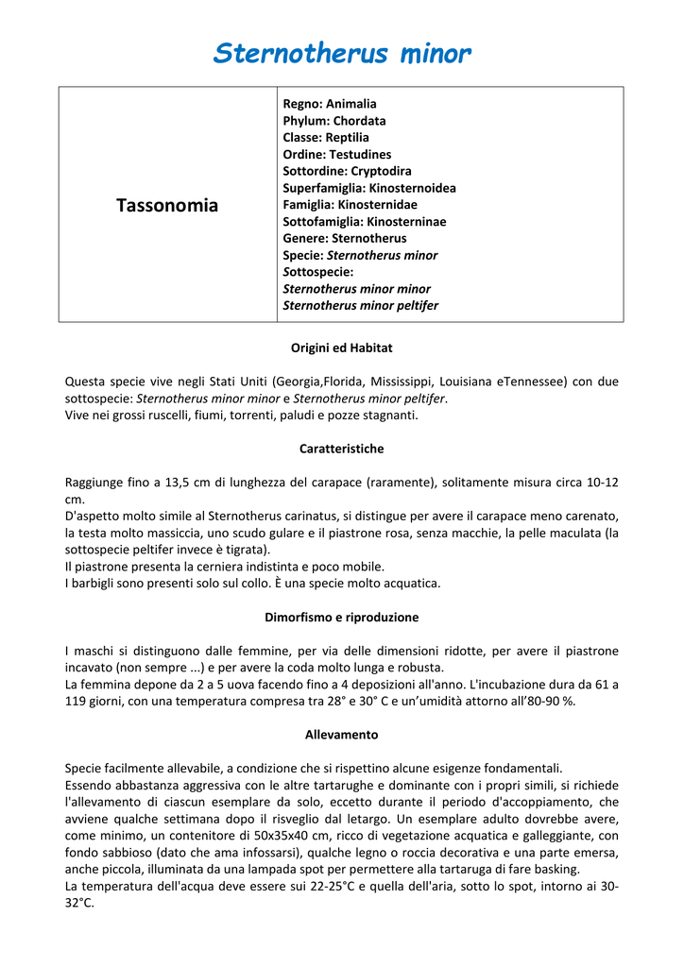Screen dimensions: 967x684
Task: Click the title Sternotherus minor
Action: [341, 54]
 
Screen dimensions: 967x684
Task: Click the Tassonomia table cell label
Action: [167, 205]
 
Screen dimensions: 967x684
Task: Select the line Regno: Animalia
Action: [330, 104]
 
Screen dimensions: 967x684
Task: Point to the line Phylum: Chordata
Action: [334, 121]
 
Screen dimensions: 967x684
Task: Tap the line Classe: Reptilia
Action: [326, 138]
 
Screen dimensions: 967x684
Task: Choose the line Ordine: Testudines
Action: [337, 155]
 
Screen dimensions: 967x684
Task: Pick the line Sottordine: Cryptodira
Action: [347, 171]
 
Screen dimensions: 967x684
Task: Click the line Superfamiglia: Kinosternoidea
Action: [369, 188]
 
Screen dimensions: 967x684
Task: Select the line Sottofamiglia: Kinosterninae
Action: [365, 222]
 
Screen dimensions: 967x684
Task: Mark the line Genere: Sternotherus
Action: [345, 239]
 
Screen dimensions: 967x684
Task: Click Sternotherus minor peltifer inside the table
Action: [361, 306]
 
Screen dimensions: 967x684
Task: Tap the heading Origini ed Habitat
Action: [341, 348]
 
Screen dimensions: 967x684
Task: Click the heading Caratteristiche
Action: [341, 449]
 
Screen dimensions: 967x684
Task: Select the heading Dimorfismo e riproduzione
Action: [341, 618]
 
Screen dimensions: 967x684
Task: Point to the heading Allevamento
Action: [341, 735]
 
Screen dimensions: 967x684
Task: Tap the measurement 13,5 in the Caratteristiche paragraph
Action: [173, 483]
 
